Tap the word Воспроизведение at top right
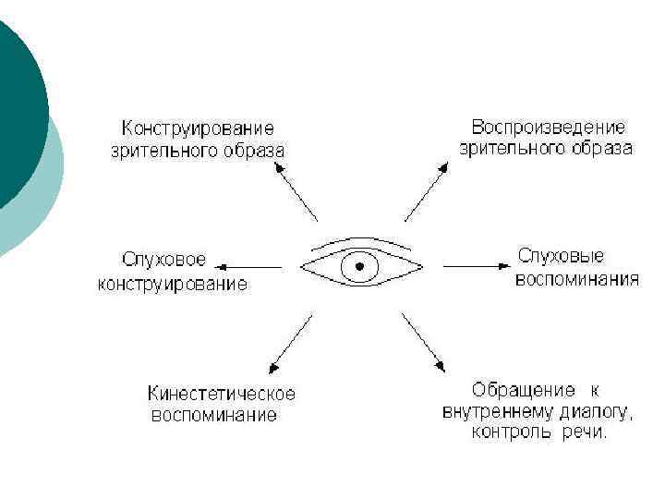[549, 127]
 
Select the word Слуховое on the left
[164, 260]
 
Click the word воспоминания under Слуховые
[576, 278]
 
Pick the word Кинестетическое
[222, 393]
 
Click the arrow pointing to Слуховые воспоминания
[473, 266]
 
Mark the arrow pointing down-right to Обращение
[424, 342]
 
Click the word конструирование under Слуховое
[173, 284]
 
